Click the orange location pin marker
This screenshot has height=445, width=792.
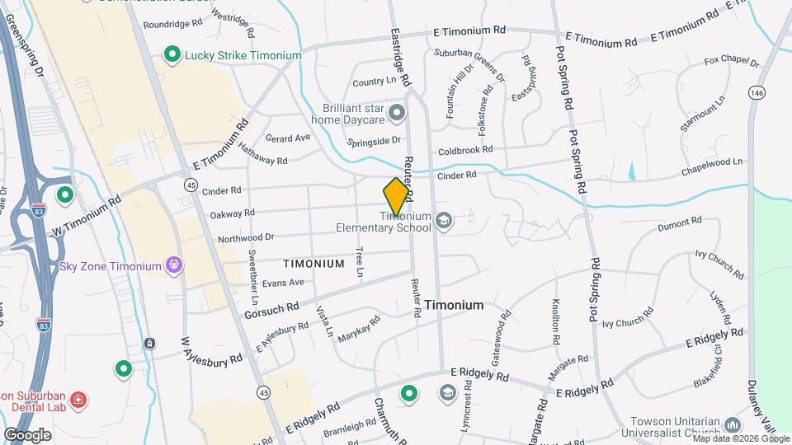[x=397, y=195]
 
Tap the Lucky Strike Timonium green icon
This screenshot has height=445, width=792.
[x=172, y=55]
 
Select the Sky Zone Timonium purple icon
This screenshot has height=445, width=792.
[x=174, y=265]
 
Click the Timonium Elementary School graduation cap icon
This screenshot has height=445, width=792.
[x=444, y=220]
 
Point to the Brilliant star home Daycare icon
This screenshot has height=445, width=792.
[x=397, y=111]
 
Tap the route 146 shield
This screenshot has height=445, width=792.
[x=757, y=94]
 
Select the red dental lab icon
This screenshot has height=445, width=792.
[x=78, y=400]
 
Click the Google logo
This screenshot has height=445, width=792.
[x=27, y=434]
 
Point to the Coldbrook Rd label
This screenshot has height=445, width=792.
[x=465, y=150]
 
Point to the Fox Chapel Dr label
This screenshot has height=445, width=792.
[x=731, y=62]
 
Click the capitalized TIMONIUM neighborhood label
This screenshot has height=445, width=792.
[x=313, y=264]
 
